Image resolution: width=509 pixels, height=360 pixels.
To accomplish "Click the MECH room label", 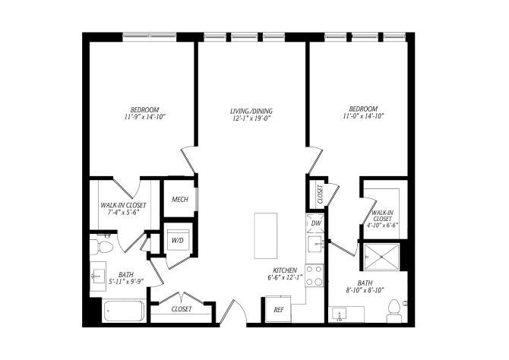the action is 180,199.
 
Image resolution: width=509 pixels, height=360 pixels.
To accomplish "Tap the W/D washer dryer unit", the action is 178,241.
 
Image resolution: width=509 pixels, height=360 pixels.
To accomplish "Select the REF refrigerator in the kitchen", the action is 279,309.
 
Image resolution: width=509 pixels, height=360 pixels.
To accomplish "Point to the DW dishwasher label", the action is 316,223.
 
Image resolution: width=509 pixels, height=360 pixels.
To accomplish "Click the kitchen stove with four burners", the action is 315,276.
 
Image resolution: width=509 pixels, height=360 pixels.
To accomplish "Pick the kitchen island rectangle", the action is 266,235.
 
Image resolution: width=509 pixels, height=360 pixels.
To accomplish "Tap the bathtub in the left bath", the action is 123,311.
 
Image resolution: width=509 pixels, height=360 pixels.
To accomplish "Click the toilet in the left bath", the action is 102,248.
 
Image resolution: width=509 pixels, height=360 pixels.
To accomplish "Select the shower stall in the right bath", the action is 381,257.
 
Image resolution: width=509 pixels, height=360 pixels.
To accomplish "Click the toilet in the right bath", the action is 394,311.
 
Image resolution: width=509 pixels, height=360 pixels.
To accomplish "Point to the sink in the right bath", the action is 339,314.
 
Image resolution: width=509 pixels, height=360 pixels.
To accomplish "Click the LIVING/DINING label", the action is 251,112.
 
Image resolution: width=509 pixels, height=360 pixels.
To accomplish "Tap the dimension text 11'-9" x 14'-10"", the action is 145,117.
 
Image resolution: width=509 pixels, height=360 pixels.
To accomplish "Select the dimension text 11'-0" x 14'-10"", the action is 364,116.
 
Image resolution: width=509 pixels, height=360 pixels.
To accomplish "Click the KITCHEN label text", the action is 285,270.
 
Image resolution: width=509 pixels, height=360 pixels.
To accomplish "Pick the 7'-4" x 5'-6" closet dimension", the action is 123,213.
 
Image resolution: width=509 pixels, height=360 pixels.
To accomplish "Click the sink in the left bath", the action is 98,276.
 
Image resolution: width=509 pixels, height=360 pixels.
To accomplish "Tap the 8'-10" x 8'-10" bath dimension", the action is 365,290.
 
